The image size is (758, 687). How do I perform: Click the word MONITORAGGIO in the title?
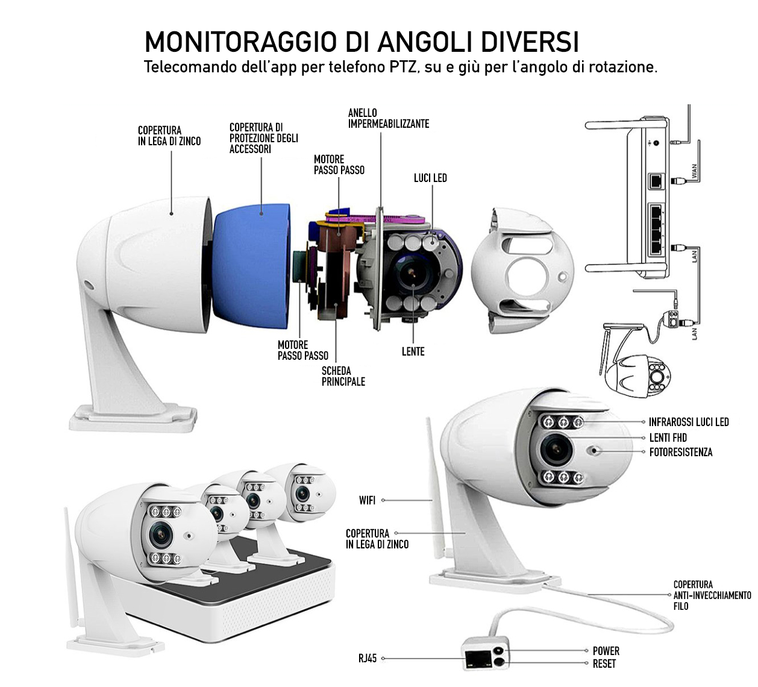[x=240, y=42]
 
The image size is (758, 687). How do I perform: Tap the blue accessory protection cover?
[x=251, y=266]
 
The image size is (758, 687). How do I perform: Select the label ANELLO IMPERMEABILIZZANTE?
[x=389, y=118]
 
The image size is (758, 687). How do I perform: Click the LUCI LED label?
[x=430, y=178]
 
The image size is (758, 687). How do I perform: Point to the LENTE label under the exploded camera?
[x=413, y=351]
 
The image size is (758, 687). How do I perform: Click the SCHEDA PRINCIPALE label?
[x=343, y=376]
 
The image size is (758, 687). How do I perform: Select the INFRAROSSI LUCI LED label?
[x=689, y=422]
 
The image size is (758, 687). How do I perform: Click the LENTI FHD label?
[x=668, y=438]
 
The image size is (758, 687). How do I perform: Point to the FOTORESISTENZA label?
[x=680, y=452]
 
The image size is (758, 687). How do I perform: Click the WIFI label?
[x=368, y=500]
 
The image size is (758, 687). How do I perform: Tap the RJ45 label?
[x=368, y=658]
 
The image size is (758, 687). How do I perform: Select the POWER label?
[x=606, y=651]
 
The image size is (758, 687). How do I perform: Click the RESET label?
[x=604, y=663]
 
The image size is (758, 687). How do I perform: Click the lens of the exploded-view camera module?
[x=411, y=271]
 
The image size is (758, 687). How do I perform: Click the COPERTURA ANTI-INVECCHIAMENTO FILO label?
[x=712, y=595]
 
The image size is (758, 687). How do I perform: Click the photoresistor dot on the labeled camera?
[x=594, y=450]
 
